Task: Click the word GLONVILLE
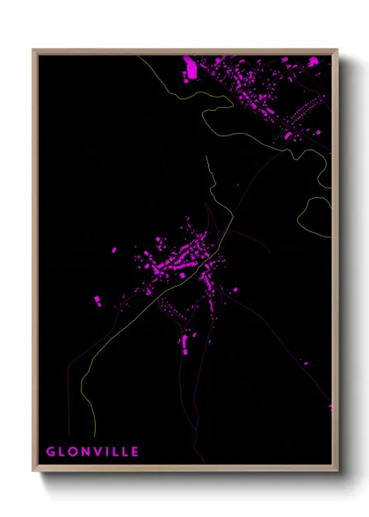click(92, 452)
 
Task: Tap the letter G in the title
click(51, 452)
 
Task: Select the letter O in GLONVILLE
click(73, 452)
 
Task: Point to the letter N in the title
click(85, 452)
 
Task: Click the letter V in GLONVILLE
click(97, 452)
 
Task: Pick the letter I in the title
click(106, 452)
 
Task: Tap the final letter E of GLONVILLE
click(134, 452)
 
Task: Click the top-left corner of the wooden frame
click(34, 50)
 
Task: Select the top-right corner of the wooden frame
click(337, 50)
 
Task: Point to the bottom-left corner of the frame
click(34, 472)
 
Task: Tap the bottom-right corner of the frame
click(337, 472)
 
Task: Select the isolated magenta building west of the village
click(113, 251)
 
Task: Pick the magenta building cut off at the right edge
click(330, 406)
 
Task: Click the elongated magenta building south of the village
click(185, 340)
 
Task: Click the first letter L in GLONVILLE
click(62, 452)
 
